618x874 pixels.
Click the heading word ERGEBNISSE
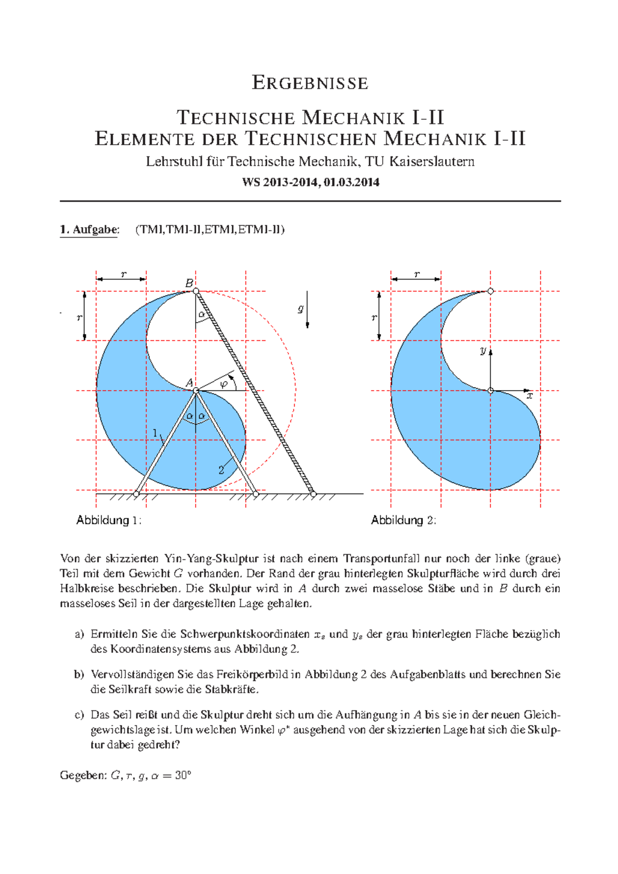[x=310, y=83]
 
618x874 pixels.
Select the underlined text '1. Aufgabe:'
[x=89, y=230]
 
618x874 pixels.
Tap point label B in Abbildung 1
[x=189, y=283]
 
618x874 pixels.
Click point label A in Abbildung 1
[x=189, y=383]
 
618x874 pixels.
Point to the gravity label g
[x=301, y=309]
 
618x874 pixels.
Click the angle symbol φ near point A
[x=224, y=383]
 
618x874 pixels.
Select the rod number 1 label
[x=155, y=433]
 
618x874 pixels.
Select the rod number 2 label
[x=221, y=470]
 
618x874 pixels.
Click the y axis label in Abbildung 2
[x=483, y=351]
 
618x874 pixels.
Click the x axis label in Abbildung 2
[x=529, y=396]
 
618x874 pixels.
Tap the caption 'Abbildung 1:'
[x=109, y=520]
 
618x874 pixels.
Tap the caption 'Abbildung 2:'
[x=403, y=520]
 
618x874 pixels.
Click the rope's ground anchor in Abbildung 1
[x=313, y=494]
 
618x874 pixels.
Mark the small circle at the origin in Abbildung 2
[x=490, y=391]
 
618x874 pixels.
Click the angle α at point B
[x=201, y=314]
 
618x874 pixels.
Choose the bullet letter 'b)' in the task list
[x=79, y=675]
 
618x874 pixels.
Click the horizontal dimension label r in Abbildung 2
[x=416, y=274]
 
